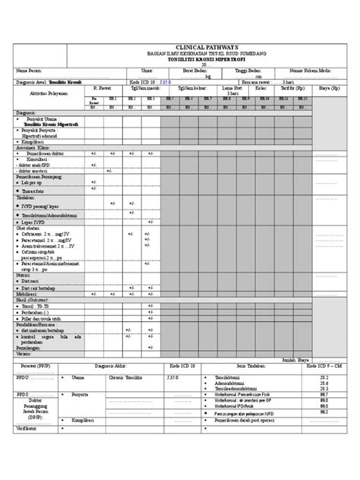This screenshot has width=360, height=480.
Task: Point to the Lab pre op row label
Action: (33, 182)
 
